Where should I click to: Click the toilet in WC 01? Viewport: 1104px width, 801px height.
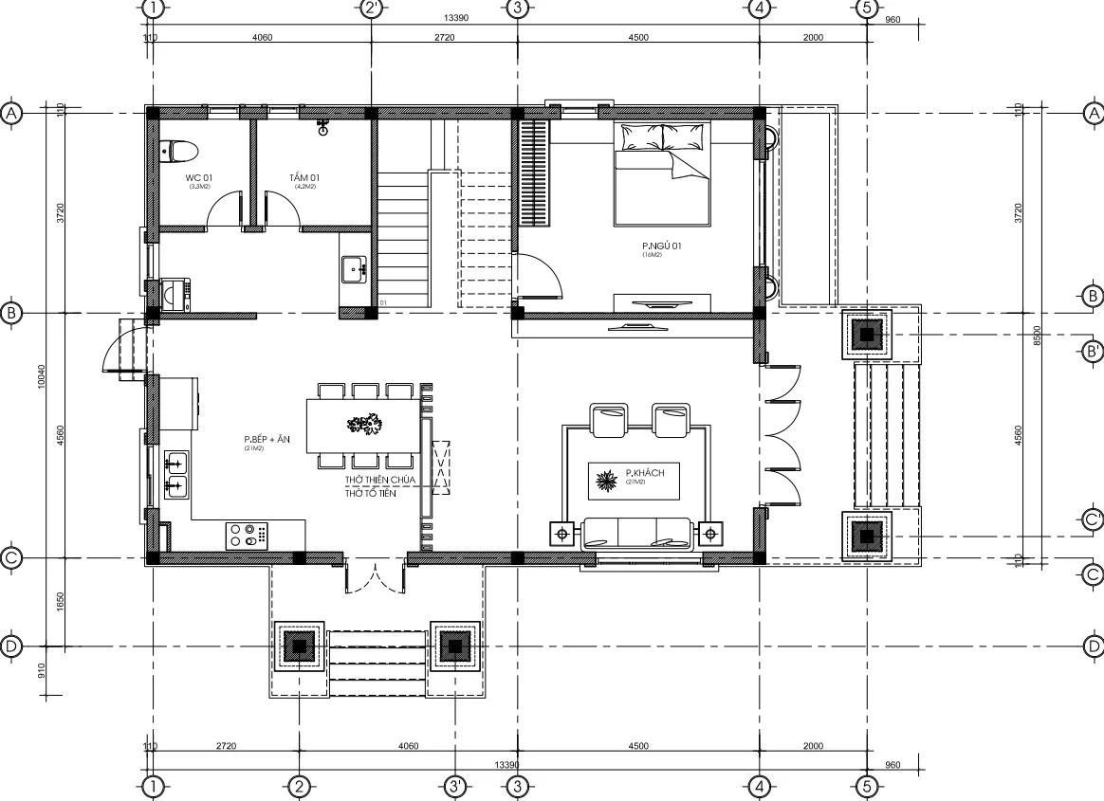point(179,150)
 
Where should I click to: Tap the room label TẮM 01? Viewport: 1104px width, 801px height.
point(304,178)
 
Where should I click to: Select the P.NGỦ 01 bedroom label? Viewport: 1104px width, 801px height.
point(661,246)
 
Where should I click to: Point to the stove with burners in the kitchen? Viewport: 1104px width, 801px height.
point(249,536)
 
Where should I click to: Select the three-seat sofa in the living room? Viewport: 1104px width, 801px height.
point(636,533)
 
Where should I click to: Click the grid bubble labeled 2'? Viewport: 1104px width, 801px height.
point(372,9)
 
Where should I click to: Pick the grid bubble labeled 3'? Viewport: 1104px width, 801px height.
point(455,786)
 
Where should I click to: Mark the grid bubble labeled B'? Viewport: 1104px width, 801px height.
point(1093,352)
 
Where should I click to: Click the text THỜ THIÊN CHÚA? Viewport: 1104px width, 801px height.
point(379,482)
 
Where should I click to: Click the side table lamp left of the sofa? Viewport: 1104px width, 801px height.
point(563,535)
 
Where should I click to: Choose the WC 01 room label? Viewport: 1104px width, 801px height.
point(198,178)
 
